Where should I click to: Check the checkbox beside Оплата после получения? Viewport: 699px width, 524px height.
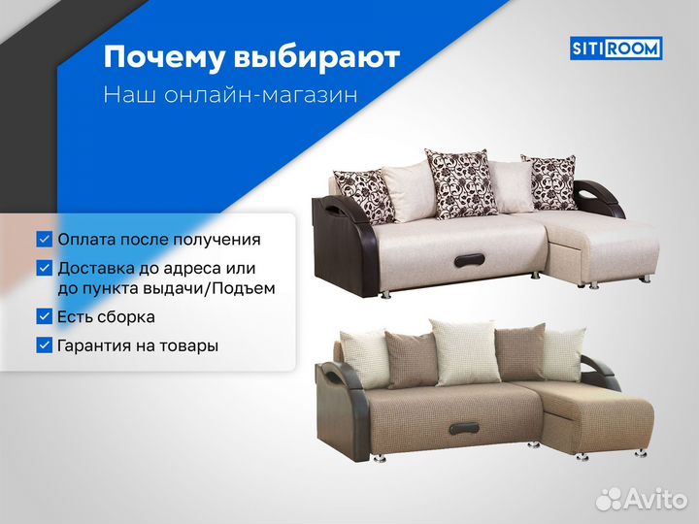(45, 239)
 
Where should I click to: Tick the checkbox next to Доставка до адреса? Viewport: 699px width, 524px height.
(45, 267)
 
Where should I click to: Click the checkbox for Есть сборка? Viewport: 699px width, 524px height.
(45, 316)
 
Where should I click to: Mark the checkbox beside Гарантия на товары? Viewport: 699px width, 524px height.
(45, 344)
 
